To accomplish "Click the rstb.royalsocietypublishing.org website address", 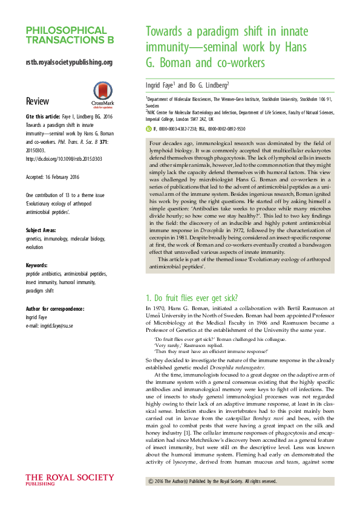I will pyautogui.click(x=69, y=62).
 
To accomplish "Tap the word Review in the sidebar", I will pyautogui.click(x=38, y=100).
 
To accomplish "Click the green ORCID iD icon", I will pyautogui.click(x=150, y=129).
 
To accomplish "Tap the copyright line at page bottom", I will pyautogui.click(x=212, y=481).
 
